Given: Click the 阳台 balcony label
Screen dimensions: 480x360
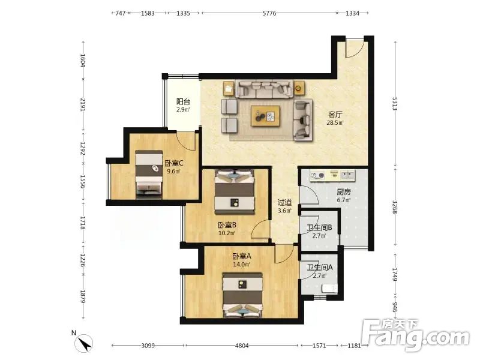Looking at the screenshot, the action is pyautogui.click(x=184, y=101).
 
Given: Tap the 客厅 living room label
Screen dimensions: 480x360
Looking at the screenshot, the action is pyautogui.click(x=335, y=115).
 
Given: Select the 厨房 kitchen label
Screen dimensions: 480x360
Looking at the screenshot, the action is pyautogui.click(x=343, y=192).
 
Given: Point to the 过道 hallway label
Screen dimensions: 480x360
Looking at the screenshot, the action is pyautogui.click(x=284, y=202).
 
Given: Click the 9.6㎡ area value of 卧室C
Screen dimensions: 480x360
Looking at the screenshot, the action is pyautogui.click(x=173, y=171).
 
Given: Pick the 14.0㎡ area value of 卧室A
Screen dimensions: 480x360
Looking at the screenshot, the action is pyautogui.click(x=242, y=264).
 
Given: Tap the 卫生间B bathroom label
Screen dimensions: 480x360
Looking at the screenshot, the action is pyautogui.click(x=320, y=228).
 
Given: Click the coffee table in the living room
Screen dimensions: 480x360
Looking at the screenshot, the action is pyautogui.click(x=266, y=116).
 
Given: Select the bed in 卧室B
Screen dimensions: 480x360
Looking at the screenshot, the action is pyautogui.click(x=235, y=191).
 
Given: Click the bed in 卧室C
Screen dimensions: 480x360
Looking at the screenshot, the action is pyautogui.click(x=149, y=172).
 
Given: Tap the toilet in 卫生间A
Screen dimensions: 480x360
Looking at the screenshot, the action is pyautogui.click(x=329, y=289).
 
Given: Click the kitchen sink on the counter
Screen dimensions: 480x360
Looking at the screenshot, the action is pyautogui.click(x=347, y=175).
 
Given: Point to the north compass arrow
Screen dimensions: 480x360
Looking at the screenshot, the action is pyautogui.click(x=84, y=343).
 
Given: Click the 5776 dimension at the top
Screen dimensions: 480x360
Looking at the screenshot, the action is pyautogui.click(x=269, y=13).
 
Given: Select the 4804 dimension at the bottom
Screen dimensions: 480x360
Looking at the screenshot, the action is pyautogui.click(x=242, y=346).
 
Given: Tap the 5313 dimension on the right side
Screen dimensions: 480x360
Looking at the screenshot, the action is pyautogui.click(x=395, y=104).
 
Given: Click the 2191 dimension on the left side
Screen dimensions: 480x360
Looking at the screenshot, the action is pyautogui.click(x=83, y=104).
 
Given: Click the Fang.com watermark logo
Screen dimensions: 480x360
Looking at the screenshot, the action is pyautogui.click(x=415, y=335).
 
